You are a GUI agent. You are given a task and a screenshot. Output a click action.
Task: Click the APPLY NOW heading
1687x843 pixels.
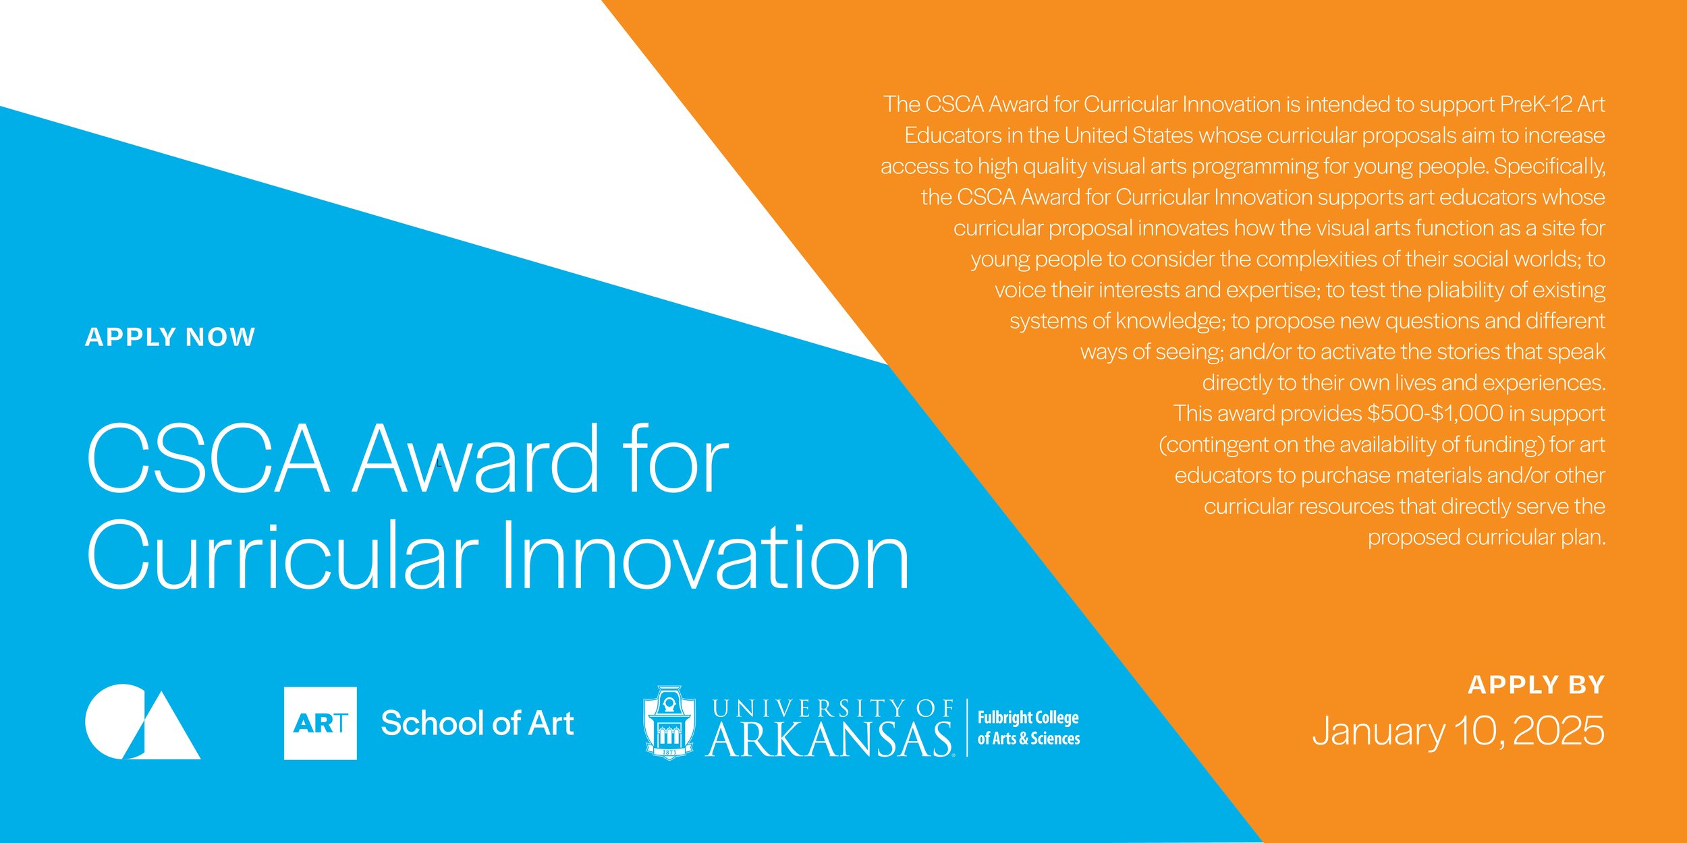click(x=170, y=337)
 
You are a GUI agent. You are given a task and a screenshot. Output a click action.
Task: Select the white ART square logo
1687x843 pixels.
click(x=320, y=723)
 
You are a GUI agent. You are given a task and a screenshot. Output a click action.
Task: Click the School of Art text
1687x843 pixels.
click(x=477, y=723)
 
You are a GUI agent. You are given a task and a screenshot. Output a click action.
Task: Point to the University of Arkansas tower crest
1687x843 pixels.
click(x=669, y=722)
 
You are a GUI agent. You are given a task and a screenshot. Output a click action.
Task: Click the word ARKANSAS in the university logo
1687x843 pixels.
click(x=830, y=739)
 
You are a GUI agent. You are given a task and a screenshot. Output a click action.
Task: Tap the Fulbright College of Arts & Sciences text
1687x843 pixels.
click(x=1028, y=728)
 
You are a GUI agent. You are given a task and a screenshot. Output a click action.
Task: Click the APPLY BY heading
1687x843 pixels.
click(x=1536, y=685)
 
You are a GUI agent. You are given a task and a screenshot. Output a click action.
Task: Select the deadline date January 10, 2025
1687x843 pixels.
click(x=1458, y=731)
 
